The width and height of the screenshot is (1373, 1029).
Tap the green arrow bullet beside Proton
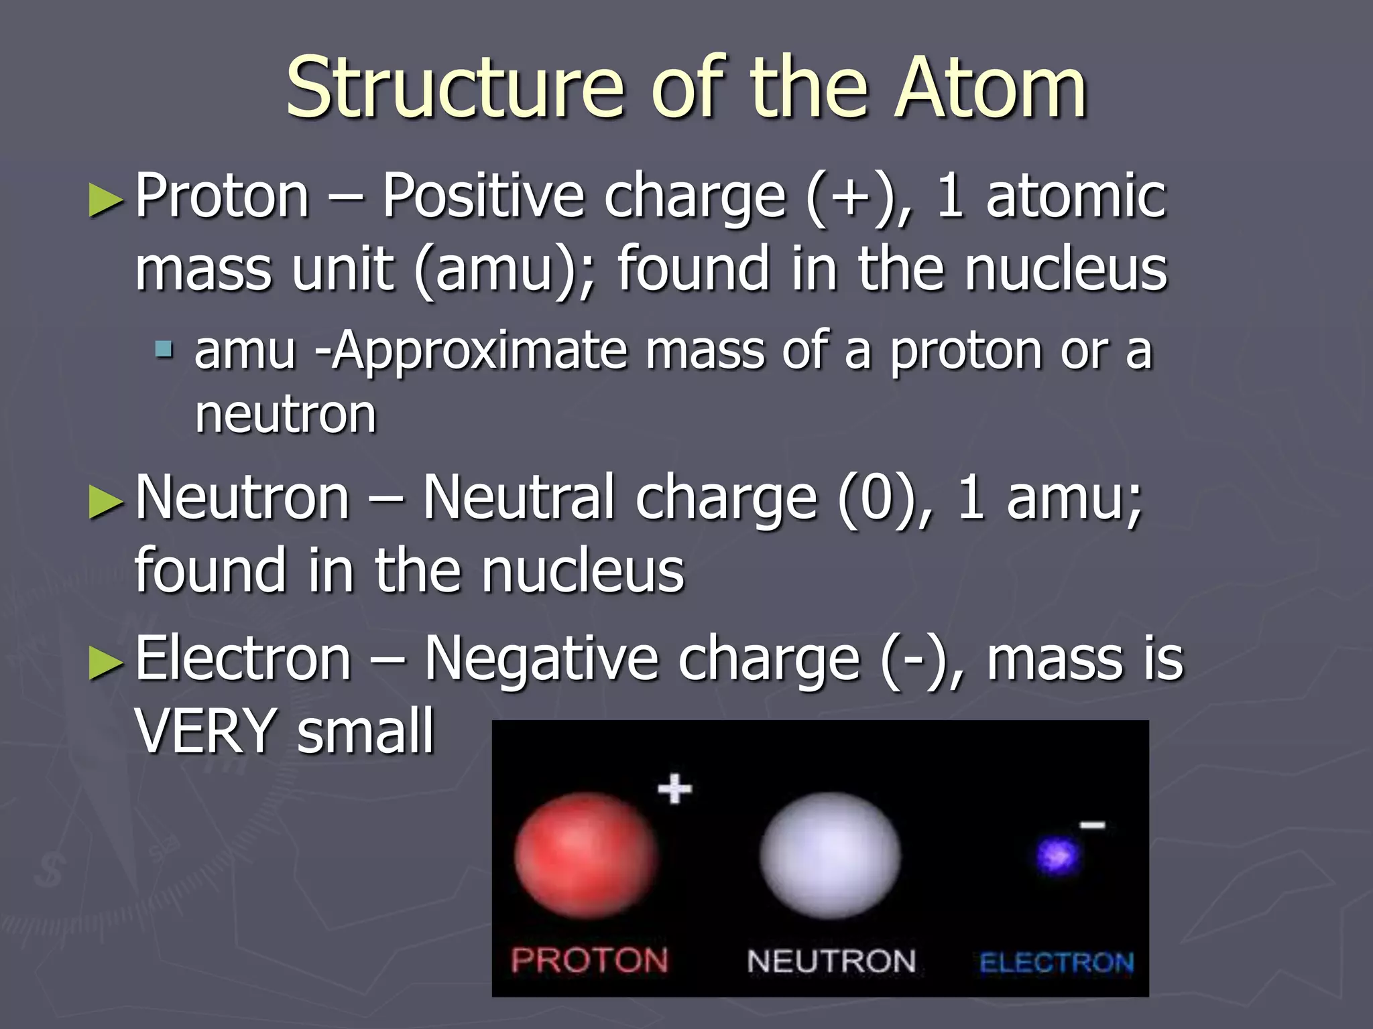(x=106, y=200)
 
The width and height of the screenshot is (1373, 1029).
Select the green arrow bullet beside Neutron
(x=106, y=502)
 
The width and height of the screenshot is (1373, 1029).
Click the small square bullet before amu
(x=164, y=349)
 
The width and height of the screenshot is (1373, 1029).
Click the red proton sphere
(x=586, y=855)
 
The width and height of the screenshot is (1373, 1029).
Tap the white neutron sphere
(x=830, y=855)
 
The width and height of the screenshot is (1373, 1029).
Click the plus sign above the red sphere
(x=674, y=788)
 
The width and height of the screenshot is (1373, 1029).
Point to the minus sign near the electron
(x=1092, y=825)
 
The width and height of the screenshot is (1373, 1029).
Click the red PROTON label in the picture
(x=589, y=960)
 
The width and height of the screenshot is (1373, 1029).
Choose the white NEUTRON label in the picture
(x=831, y=961)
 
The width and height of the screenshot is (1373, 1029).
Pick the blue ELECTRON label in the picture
(x=1057, y=963)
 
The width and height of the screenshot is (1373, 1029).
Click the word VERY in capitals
(x=206, y=731)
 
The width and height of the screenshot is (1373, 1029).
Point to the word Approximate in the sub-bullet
(x=481, y=350)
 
